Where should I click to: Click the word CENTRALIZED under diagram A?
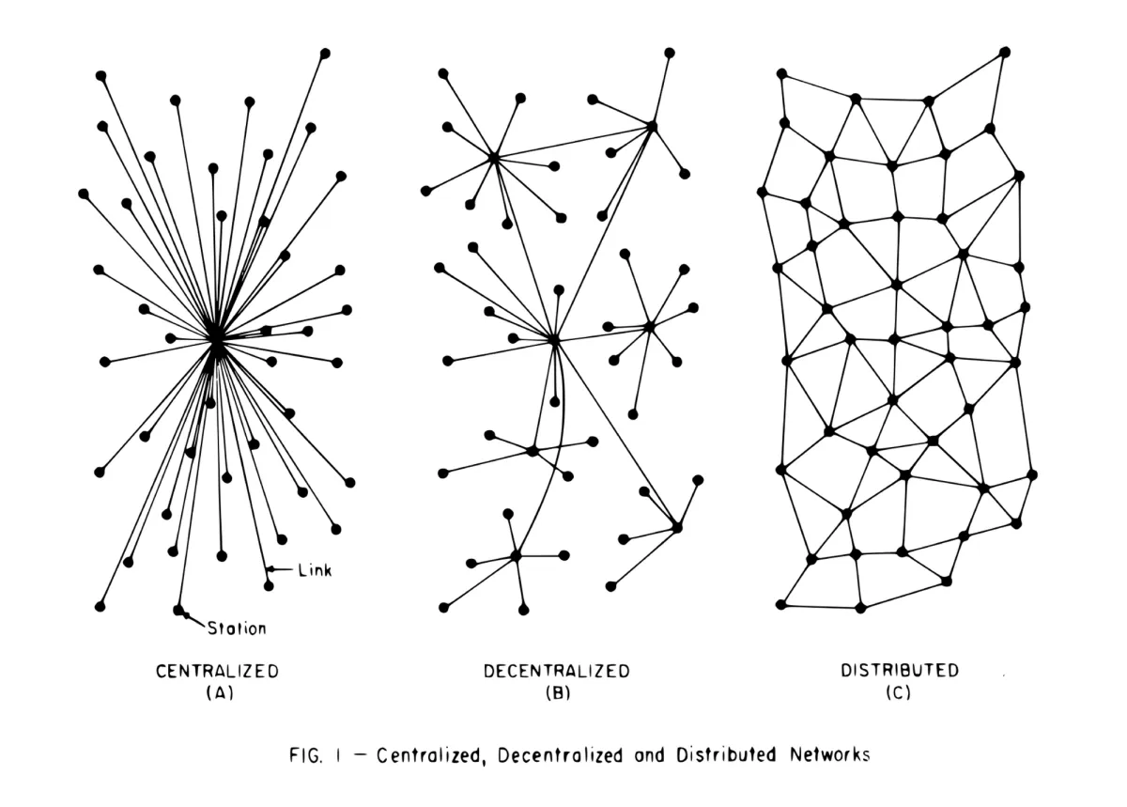[x=217, y=672]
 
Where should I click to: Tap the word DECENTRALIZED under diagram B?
[x=556, y=672]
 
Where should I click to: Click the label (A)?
[x=217, y=694]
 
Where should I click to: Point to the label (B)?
[x=556, y=694]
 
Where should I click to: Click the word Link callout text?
[x=315, y=570]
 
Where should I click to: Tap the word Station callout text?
[x=237, y=628]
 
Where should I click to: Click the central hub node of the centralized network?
[x=216, y=338]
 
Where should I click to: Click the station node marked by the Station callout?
[x=178, y=610]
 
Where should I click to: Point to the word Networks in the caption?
[x=829, y=756]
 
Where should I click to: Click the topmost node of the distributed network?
[x=1005, y=51]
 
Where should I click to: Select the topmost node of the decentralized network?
[x=669, y=53]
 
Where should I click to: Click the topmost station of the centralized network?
[x=325, y=53]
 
